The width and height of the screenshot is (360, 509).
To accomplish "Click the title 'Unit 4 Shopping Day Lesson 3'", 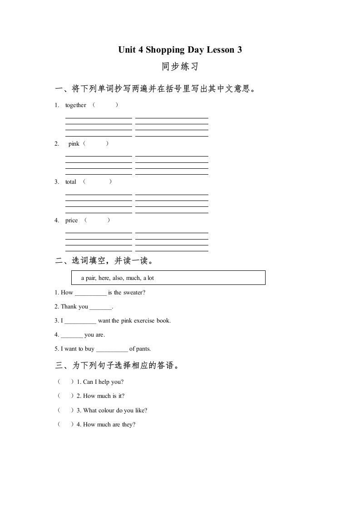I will (x=180, y=50).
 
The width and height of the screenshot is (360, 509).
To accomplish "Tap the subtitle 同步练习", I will (x=180, y=67).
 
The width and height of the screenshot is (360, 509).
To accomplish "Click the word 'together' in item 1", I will (x=75, y=105).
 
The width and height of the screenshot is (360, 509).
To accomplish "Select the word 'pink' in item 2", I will (x=74, y=144).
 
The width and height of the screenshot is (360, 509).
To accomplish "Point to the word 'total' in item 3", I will (x=70, y=182).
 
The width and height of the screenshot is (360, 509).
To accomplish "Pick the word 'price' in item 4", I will (x=71, y=220).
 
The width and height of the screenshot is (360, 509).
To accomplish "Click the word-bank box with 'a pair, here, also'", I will (x=168, y=278).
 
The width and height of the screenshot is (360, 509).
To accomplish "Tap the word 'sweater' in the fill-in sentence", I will (x=133, y=293).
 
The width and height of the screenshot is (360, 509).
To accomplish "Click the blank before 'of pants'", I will (x=112, y=349).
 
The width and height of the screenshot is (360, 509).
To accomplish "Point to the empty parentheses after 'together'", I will (x=105, y=105).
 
